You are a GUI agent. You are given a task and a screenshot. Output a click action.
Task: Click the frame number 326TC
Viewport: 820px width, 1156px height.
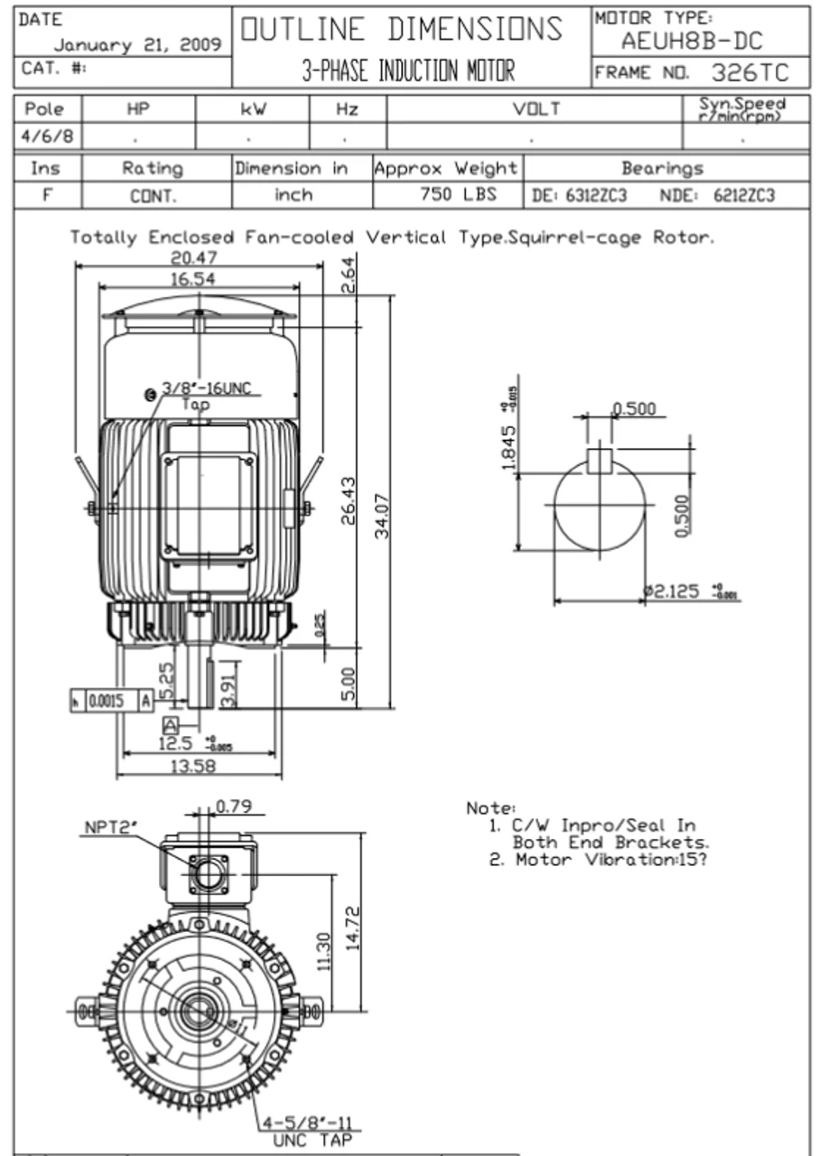[749, 72]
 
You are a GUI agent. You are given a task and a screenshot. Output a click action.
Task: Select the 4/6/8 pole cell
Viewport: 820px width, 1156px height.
[44, 140]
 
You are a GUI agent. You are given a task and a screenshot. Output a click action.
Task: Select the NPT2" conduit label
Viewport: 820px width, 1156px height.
[110, 826]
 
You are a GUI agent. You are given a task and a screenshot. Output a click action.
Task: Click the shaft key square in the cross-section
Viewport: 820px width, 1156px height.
[600, 459]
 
